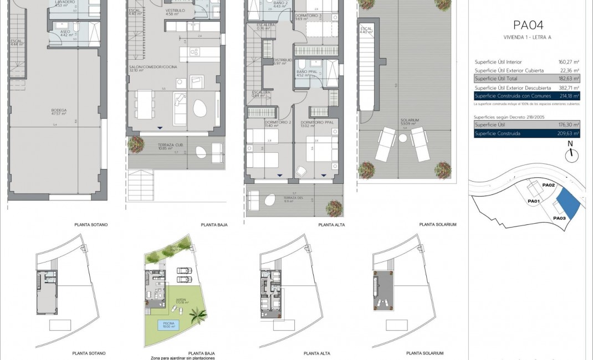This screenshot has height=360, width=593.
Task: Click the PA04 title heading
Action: click(527, 24)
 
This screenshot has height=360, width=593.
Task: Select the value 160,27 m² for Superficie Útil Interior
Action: click(568, 62)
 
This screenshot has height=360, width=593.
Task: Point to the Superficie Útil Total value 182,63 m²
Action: click(568, 79)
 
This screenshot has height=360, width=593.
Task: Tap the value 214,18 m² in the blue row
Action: click(568, 96)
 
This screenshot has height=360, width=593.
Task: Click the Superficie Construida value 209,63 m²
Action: click(568, 133)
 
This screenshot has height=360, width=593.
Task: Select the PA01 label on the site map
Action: click(534, 201)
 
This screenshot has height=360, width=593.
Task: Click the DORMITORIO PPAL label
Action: click(314, 123)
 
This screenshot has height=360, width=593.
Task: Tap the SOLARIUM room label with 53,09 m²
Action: click(411, 120)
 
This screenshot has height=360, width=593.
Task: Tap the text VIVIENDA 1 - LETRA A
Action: click(527, 38)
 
